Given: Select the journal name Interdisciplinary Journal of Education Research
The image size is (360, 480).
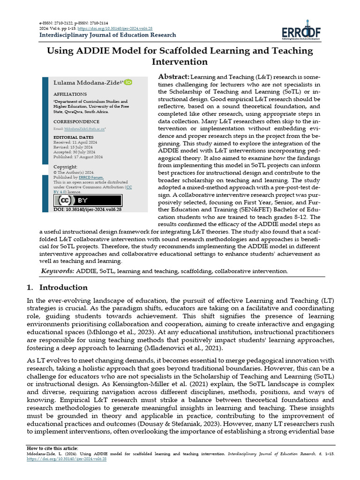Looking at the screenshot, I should (x=107, y=35).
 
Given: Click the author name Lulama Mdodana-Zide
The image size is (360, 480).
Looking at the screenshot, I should (x=87, y=82).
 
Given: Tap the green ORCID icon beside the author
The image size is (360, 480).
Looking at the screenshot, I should (x=128, y=82).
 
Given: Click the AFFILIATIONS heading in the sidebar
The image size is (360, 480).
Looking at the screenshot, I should (x=70, y=94).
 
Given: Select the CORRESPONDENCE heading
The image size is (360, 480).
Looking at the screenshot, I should (x=76, y=121).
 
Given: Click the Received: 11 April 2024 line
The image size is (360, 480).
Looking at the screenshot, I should (x=75, y=142).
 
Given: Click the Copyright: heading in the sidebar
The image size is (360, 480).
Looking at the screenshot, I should (x=65, y=167).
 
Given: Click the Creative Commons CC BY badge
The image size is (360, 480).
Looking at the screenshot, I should (x=88, y=200).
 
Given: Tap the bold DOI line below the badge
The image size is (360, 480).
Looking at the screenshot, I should (x=87, y=210).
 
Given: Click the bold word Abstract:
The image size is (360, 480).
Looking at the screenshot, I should (x=173, y=76).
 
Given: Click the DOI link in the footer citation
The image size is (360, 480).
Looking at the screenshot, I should (x=66, y=459).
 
